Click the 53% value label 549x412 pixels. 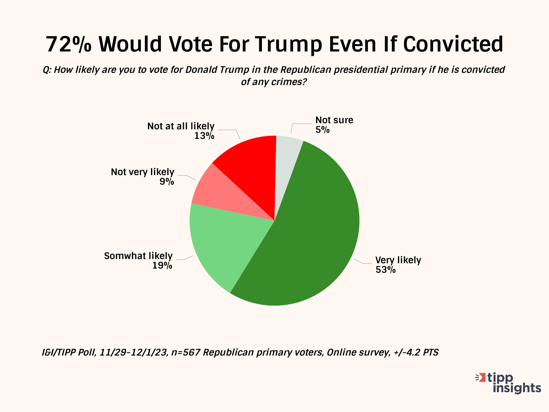point(385,270)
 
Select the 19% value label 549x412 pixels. point(162,266)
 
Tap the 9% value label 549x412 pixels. point(167,182)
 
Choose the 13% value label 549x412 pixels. point(204,136)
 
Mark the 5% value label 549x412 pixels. point(322,130)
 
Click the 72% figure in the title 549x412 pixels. point(69,44)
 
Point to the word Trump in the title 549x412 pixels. point(288,44)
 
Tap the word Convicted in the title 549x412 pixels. point(453,44)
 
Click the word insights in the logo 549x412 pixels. point(517,388)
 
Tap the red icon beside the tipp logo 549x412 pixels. point(481,378)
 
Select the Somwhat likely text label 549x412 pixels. point(138,256)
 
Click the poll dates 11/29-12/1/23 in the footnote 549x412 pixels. point(133,352)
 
